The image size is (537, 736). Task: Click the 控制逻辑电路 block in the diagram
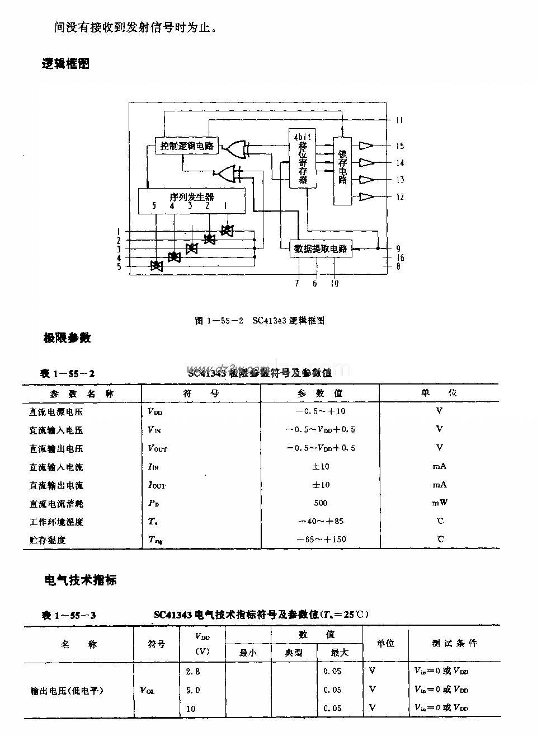pos(187,146)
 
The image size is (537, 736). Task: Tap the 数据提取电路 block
pos(321,249)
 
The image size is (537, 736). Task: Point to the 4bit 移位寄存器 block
pos(303,158)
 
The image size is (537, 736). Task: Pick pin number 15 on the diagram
pos(399,146)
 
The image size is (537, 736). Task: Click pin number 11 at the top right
pos(399,120)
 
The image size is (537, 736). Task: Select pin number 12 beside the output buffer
pos(399,197)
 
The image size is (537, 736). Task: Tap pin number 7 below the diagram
pos(297,283)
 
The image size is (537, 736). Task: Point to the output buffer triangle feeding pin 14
pos(366,163)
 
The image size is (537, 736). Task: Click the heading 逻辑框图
pos(65,64)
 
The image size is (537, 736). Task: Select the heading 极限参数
pos(67,338)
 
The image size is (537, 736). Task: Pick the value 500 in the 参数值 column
pos(321,503)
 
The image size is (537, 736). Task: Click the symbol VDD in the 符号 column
pos(154,411)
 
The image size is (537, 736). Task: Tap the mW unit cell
pos(439,503)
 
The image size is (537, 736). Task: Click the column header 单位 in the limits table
pos(439,393)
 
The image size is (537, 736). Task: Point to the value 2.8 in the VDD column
pos(193,671)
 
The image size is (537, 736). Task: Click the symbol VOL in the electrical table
pos(148,690)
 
